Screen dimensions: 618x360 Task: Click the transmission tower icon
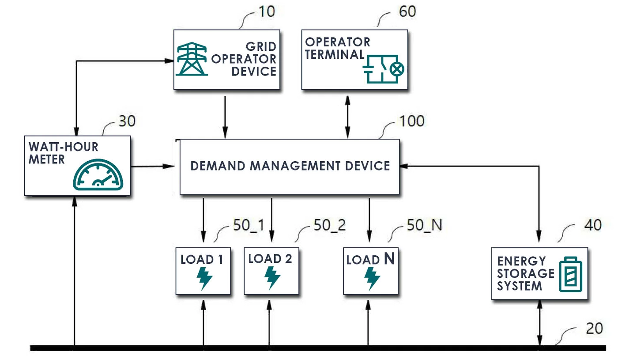coord(192,59)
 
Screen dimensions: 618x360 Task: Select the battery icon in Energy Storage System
coord(571,274)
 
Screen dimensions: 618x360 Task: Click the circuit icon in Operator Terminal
coord(384,69)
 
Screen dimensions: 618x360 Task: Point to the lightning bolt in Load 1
coord(204,279)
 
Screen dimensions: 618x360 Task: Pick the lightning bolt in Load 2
coord(272,278)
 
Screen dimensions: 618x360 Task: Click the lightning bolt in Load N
coord(372,279)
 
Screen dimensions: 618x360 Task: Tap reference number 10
coord(267,11)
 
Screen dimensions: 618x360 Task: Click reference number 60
coord(407,11)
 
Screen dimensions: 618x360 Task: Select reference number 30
coord(127,121)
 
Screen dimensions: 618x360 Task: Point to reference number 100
coord(412,121)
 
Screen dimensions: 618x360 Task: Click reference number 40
coord(593,225)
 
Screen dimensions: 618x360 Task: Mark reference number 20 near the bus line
coord(594,329)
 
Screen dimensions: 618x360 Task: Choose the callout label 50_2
coord(329,225)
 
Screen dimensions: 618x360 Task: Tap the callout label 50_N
coord(424,225)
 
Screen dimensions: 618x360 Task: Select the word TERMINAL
coord(335,54)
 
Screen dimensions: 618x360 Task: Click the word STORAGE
coord(526,273)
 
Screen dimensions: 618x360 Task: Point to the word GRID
coord(261,47)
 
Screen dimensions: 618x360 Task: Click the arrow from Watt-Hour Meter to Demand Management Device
coord(152,167)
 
